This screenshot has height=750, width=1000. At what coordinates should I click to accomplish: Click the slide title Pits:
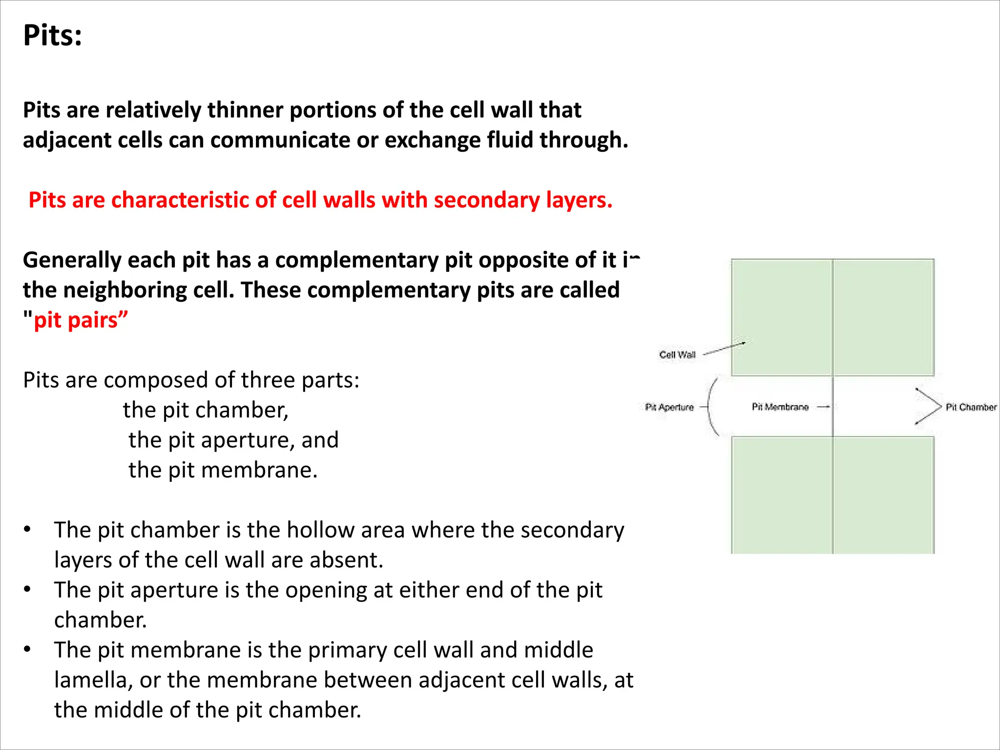52,36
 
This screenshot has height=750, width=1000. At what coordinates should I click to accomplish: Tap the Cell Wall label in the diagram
677,355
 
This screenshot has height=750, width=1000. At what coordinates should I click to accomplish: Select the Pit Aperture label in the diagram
669,407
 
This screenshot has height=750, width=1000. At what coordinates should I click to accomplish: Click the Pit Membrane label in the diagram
780,407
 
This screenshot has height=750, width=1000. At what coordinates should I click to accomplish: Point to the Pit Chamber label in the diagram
971,407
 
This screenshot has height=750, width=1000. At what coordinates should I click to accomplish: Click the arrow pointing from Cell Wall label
724,348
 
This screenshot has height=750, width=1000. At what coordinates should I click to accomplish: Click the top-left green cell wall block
781,317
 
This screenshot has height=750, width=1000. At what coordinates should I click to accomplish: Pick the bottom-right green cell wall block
884,495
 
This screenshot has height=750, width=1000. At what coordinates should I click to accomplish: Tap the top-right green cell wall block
884,317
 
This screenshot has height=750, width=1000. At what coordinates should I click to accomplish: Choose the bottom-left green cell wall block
781,495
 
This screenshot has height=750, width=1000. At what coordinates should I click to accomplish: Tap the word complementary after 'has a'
356,260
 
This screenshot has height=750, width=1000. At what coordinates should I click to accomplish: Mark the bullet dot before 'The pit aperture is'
27,589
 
